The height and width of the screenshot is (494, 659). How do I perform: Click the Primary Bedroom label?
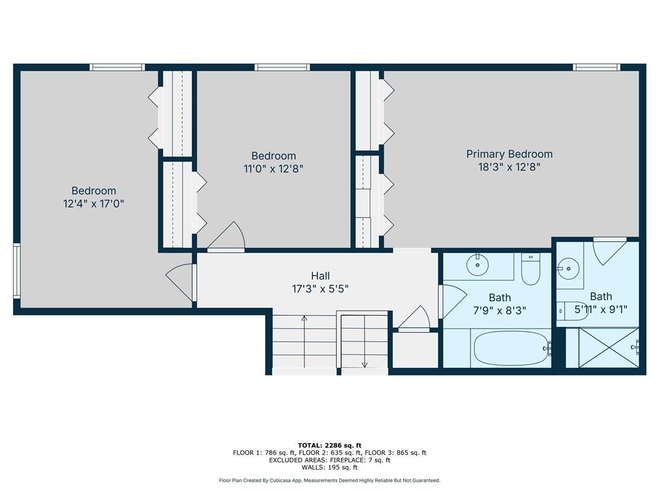point(509,154)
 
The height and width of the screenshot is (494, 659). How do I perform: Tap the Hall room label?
point(320,276)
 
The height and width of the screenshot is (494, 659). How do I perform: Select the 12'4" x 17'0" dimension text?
point(93,204)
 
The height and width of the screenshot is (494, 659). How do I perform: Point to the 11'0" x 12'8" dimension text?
point(273,169)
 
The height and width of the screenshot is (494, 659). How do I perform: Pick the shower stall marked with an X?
point(609,348)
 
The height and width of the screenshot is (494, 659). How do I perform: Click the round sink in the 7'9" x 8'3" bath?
point(478,264)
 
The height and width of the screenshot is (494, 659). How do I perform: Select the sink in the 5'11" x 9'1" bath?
point(569,268)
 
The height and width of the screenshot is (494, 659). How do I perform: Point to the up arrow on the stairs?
point(304,341)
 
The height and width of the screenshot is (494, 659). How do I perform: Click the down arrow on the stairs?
point(364,341)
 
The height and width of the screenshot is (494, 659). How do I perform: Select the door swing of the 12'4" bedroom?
point(181,282)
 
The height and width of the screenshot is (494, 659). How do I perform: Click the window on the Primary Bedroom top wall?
point(597,67)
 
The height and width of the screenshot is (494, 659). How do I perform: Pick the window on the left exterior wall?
point(17,271)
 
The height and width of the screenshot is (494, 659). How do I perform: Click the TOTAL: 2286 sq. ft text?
point(329,445)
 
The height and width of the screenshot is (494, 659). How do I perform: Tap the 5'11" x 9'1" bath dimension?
point(600,309)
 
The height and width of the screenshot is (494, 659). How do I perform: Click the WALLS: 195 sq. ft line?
point(329,467)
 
